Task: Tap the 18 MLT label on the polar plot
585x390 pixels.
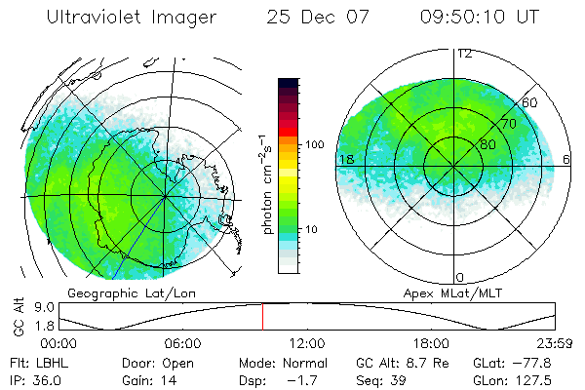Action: pyautogui.click(x=345, y=159)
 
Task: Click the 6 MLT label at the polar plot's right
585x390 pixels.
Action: pyautogui.click(x=567, y=159)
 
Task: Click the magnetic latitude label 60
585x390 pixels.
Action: pyautogui.click(x=530, y=101)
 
